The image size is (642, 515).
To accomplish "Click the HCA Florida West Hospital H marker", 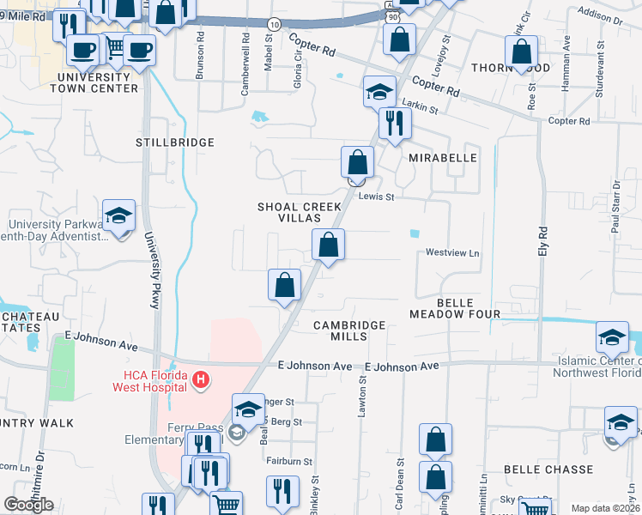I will tap(200, 379).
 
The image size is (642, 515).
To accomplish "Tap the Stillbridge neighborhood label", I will tap(175, 142).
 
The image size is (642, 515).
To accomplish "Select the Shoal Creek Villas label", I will tap(300, 213).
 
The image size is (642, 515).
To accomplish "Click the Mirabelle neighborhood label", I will tap(442, 160).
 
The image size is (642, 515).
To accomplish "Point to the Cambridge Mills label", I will tap(349, 331).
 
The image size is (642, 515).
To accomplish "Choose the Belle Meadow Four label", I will tap(455, 309).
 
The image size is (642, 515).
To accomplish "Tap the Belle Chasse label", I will tap(548, 470).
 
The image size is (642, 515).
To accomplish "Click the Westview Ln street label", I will tap(452, 253).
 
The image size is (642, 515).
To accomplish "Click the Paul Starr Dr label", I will tap(615, 207).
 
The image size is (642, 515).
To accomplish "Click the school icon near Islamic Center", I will tap(612, 336).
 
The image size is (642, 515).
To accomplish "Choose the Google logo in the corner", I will tap(28, 505).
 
